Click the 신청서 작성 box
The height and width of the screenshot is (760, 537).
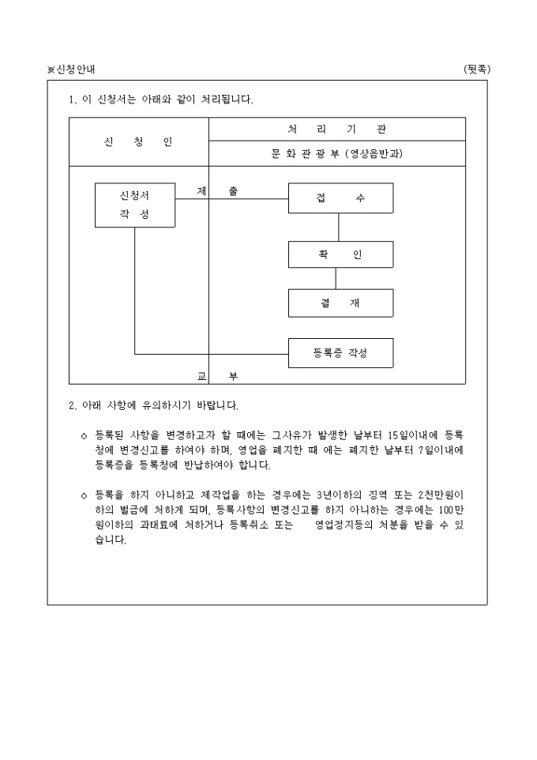point(135,205)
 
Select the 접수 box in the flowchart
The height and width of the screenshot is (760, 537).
point(340,198)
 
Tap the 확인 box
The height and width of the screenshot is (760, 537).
point(340,254)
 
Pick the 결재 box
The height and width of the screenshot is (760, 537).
point(340,303)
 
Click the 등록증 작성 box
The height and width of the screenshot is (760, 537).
point(340,353)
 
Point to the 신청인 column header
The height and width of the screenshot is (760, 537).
point(138,141)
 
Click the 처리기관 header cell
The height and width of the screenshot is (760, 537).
point(337,130)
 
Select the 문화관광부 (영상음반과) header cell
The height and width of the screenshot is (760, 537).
point(337,154)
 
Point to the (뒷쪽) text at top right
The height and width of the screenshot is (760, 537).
point(477,70)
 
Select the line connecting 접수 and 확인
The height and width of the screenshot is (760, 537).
point(339,228)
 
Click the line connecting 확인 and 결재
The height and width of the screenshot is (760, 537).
point(336,279)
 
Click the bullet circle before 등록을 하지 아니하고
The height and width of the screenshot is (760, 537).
point(84,496)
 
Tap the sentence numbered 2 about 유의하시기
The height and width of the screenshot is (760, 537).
point(154,405)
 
